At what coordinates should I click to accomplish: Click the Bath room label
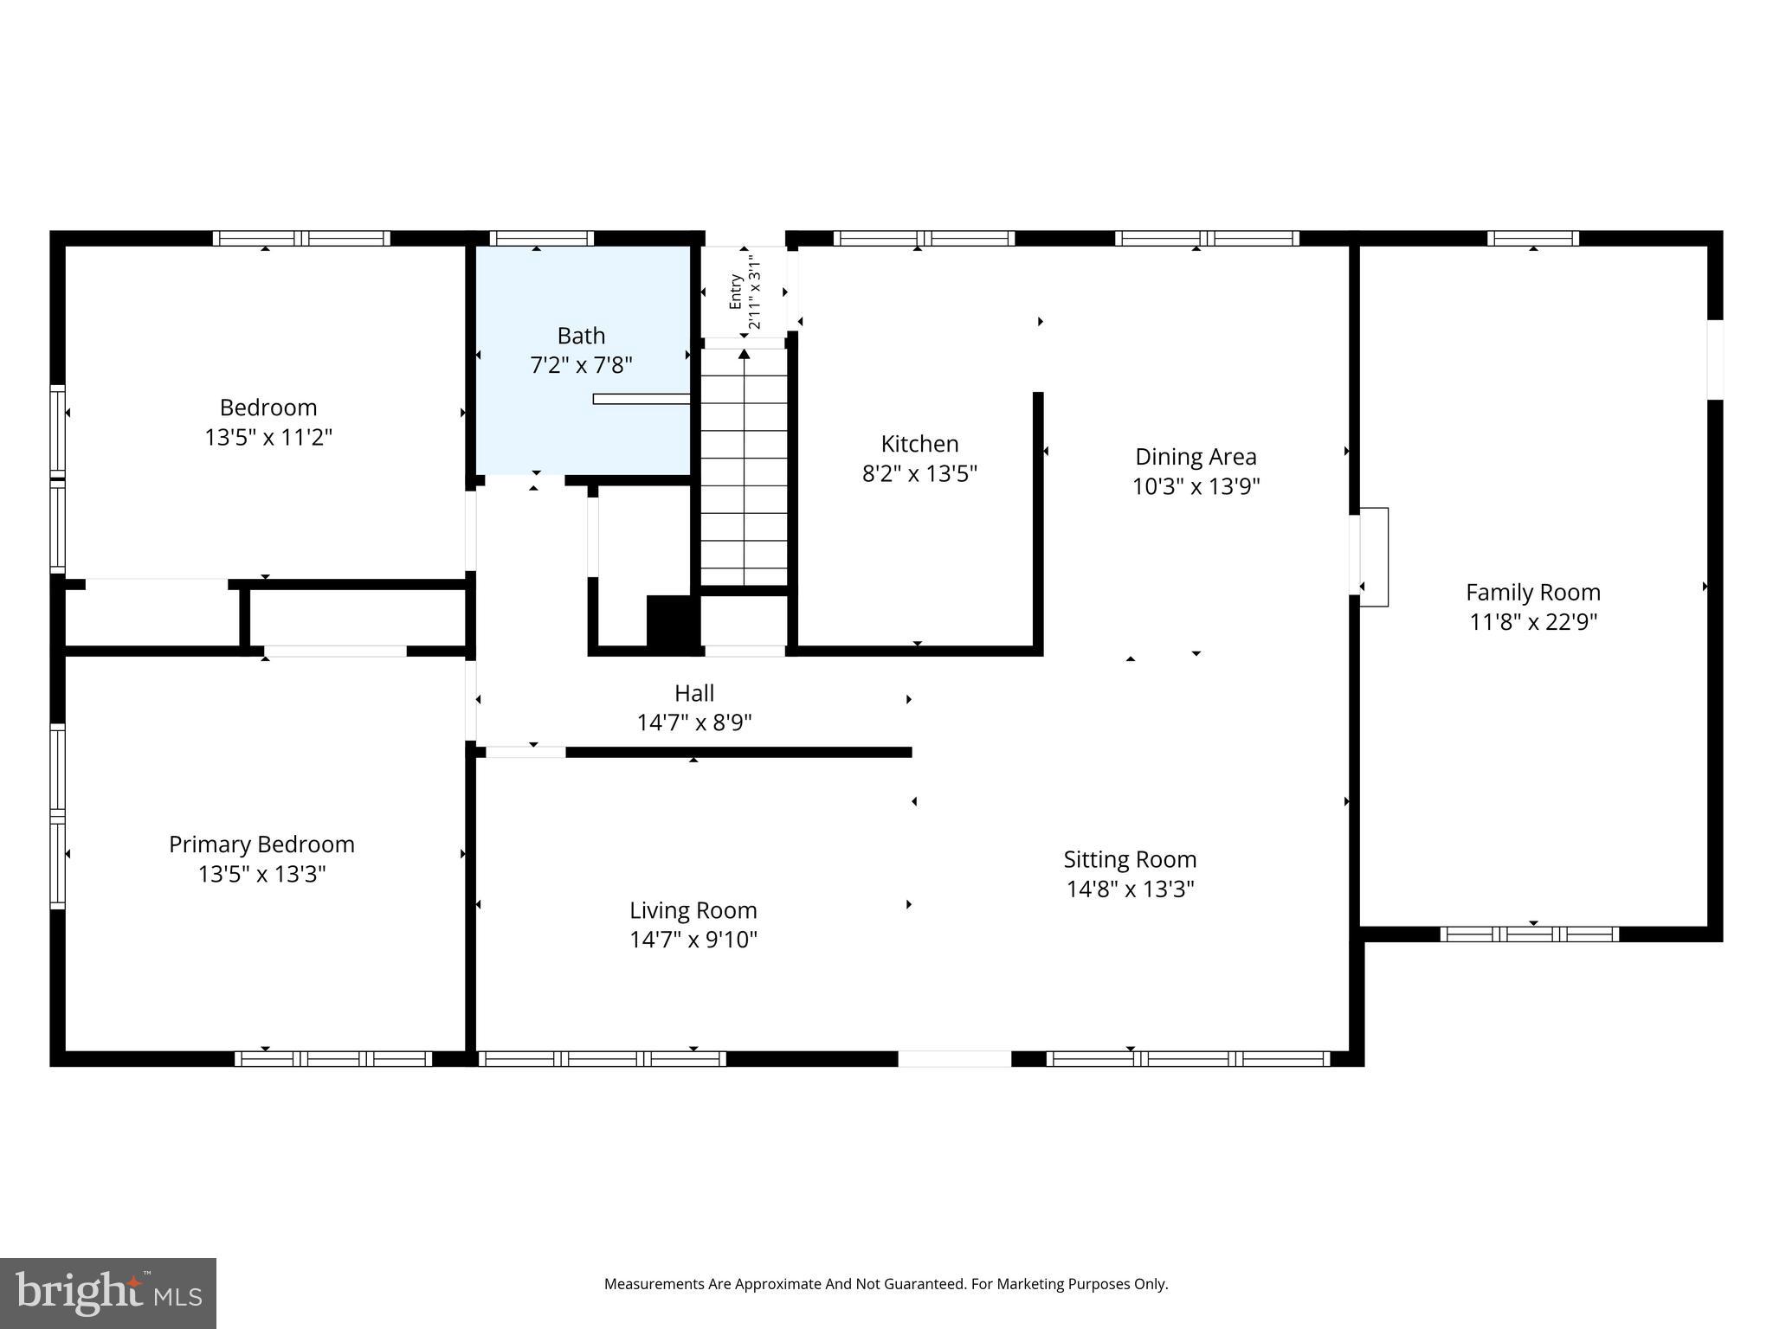[x=581, y=336]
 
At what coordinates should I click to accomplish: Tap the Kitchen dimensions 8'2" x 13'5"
[x=919, y=473]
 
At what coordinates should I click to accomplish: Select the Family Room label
[x=1532, y=593]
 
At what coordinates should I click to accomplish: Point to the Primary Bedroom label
[x=261, y=844]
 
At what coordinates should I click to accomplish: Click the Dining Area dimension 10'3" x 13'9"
[x=1196, y=486]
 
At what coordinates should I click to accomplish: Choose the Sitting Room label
[x=1130, y=859]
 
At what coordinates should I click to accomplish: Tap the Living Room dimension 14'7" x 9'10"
[x=693, y=940]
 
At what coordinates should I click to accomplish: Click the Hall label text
[x=694, y=693]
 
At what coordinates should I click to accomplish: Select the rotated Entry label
[x=735, y=292]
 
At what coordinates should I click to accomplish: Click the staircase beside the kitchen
[x=744, y=467]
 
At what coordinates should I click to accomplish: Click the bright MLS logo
[x=107, y=1294]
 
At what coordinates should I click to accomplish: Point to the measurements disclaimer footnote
[x=886, y=1284]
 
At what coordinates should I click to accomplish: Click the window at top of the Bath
[x=541, y=238]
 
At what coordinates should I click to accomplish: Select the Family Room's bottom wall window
[x=1529, y=934]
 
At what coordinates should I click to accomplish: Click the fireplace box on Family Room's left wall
[x=1374, y=556]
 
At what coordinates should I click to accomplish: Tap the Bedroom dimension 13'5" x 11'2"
[x=268, y=437]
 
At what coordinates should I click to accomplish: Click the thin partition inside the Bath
[x=641, y=399]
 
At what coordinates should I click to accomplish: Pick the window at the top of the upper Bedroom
[x=301, y=238]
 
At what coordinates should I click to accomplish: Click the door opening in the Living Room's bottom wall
[x=954, y=1058]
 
